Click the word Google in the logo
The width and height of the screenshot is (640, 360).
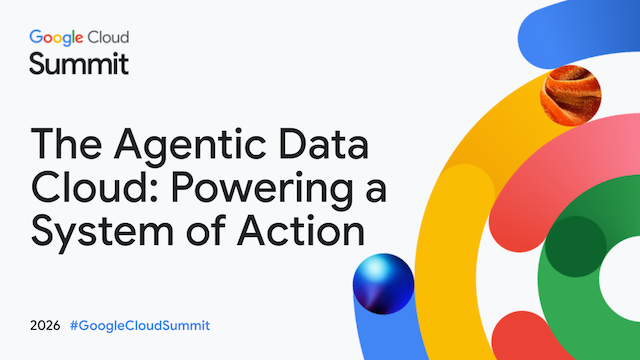pos(56,38)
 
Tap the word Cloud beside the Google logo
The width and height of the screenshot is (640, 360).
pos(109,37)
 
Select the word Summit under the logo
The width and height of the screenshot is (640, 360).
pos(79,63)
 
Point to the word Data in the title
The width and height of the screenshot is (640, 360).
pos(324,144)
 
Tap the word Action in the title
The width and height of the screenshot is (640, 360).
pos(301,230)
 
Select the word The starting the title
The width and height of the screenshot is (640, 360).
pos(66,144)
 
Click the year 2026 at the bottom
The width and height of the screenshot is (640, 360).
pos(45,326)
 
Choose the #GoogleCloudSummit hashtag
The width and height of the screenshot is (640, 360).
pos(140,326)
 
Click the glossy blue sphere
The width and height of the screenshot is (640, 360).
pos(383,284)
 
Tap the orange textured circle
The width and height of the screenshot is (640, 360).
pos(570,96)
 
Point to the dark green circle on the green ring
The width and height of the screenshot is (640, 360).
pos(576,247)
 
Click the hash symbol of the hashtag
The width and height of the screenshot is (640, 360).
pos(74,326)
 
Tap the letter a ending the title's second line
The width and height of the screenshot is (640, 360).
pos(376,192)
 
